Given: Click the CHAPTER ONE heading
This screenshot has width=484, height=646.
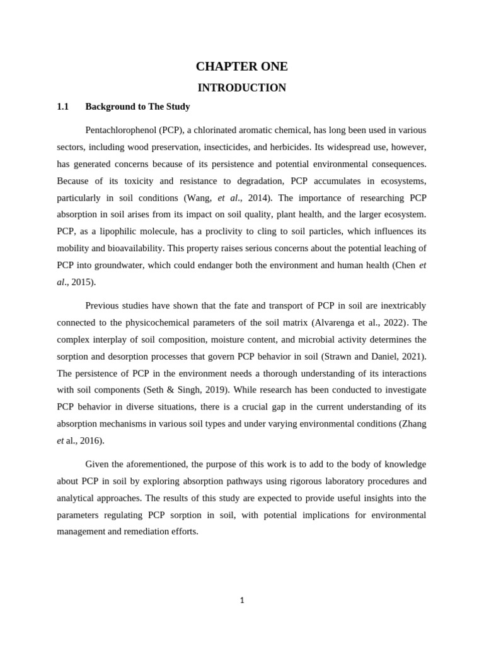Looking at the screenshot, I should tap(241, 66).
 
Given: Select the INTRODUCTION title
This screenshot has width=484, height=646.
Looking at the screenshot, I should tap(241, 88).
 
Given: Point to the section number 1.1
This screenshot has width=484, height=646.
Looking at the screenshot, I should tap(62, 107).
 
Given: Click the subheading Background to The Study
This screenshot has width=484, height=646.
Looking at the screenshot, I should tap(137, 107).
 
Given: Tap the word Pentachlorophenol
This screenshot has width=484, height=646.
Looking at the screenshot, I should tap(121, 130).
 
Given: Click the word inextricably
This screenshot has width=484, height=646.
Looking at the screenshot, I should tap(399, 306).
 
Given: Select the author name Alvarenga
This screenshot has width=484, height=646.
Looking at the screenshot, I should tap(336, 323).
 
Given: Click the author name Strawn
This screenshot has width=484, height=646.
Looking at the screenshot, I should tap(345, 357).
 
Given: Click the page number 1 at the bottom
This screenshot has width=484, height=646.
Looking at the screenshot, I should tap(241, 601).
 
